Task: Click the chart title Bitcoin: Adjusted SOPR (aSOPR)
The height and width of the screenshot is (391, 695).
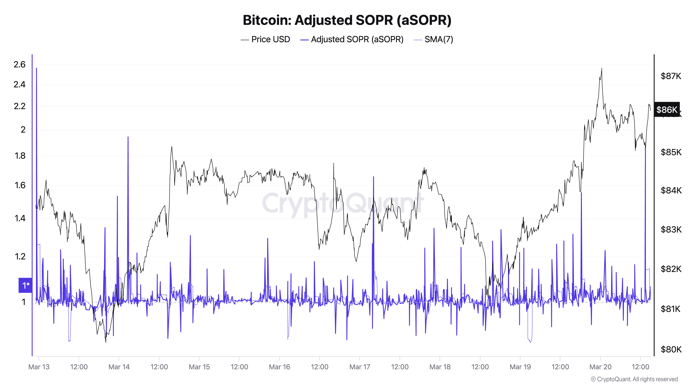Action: pos(347,20)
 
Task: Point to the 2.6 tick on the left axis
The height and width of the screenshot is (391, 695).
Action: pos(19,64)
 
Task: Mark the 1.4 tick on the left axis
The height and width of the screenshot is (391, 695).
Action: pos(20,218)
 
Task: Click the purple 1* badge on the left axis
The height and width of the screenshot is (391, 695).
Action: pos(25,285)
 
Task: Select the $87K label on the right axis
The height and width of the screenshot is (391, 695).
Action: pos(671,76)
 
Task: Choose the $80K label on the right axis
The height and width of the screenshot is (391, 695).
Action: pos(671,349)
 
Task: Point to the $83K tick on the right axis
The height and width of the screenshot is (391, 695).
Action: pos(671,229)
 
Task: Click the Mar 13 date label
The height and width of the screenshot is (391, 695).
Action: pos(39,367)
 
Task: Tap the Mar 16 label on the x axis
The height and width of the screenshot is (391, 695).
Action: pos(280,367)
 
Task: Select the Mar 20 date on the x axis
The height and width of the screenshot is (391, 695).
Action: pos(600,367)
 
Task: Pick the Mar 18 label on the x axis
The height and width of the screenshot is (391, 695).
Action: pos(440,367)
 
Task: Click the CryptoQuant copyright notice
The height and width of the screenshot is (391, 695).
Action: pos(634,379)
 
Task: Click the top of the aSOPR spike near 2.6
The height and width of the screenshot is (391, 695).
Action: pos(36,68)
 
